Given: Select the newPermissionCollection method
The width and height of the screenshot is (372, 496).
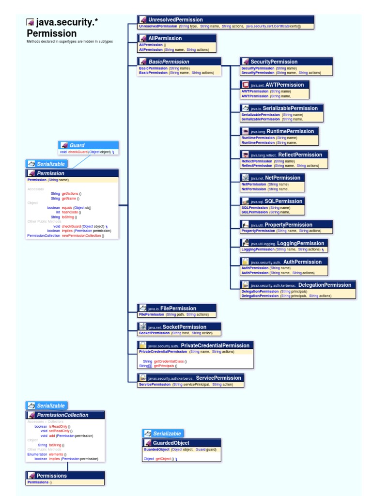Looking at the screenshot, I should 82,235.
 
